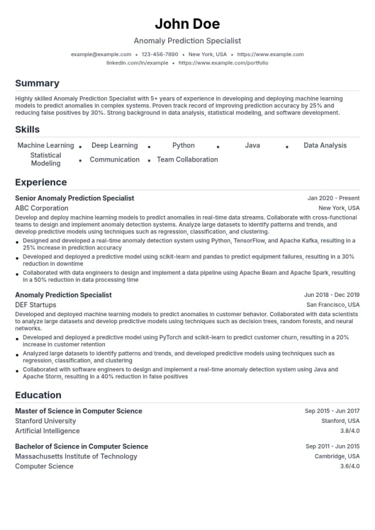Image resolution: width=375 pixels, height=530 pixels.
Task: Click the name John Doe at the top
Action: (187, 24)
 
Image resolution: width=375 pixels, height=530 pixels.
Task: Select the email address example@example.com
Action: (101, 54)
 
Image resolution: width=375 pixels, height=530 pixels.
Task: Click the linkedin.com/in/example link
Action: (137, 63)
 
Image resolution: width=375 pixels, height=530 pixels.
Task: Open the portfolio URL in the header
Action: (223, 63)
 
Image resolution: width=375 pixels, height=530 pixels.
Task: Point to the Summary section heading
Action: (37, 83)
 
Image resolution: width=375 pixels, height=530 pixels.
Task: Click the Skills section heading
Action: (28, 129)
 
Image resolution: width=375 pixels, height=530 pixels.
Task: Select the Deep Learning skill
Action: (114, 145)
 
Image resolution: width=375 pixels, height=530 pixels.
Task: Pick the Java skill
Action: (253, 145)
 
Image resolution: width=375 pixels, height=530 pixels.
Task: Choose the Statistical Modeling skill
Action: (46, 159)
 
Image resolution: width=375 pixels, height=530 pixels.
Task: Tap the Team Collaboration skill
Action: (187, 159)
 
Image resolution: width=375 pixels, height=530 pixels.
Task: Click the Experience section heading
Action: (41, 182)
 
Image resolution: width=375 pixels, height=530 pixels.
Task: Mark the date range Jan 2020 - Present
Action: (333, 199)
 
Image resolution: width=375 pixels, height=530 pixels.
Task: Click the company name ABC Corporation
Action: (42, 208)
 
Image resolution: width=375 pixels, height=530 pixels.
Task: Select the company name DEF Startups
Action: (36, 305)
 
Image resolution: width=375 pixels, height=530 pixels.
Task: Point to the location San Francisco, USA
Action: (333, 305)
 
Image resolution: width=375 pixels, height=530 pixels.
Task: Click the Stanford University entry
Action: (45, 420)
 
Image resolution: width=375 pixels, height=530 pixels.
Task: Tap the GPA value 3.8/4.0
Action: (350, 431)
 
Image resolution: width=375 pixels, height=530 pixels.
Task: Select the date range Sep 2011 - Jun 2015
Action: (332, 446)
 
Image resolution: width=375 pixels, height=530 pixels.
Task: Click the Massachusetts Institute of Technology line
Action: (76, 456)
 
